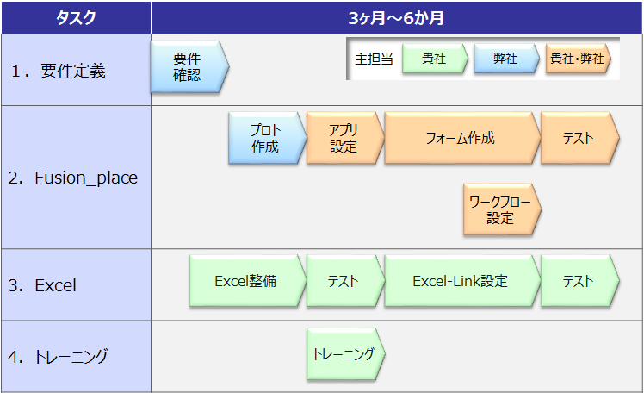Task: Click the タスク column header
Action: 76,18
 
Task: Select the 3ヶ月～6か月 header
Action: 396,18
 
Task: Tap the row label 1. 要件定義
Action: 59,71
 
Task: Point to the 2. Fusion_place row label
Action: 72,178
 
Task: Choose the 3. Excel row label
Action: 42,285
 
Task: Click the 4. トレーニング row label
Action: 58,357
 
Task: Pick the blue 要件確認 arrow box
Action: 189,66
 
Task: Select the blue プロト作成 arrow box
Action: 268,138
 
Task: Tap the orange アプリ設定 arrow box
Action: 345,138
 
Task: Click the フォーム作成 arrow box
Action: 462,138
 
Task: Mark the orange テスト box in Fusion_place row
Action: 580,138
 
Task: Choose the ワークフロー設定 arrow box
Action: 502,209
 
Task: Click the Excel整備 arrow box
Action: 248,281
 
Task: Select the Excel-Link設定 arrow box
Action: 462,281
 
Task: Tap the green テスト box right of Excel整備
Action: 345,281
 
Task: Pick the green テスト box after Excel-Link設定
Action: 580,281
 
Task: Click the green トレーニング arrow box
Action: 345,354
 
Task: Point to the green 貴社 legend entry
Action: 435,59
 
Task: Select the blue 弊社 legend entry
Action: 506,59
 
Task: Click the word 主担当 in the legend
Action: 374,59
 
